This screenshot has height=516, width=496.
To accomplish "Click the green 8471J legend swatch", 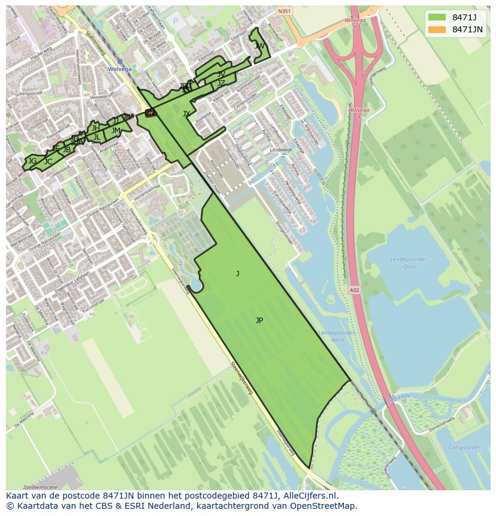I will [x=437, y=17].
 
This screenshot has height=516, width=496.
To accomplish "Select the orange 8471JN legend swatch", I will [x=437, y=29].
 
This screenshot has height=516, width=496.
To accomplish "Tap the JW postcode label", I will [x=259, y=46].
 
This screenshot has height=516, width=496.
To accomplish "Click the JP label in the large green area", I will [x=259, y=321].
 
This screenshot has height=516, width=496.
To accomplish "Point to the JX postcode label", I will [x=186, y=114].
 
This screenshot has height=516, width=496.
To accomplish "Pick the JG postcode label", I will [x=32, y=161].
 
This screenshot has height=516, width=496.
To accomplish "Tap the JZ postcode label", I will [x=221, y=83].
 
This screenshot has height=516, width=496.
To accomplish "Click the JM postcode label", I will [x=116, y=131].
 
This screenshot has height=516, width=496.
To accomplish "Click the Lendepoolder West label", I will [x=331, y=336].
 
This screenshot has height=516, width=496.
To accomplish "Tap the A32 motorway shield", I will [x=354, y=290].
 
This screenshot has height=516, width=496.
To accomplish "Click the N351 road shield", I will [x=284, y=10].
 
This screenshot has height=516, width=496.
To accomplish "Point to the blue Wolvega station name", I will [x=119, y=70].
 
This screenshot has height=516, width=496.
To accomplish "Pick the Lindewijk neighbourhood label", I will [x=280, y=149].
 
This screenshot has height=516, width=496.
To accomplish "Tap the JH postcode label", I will [x=95, y=128].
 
